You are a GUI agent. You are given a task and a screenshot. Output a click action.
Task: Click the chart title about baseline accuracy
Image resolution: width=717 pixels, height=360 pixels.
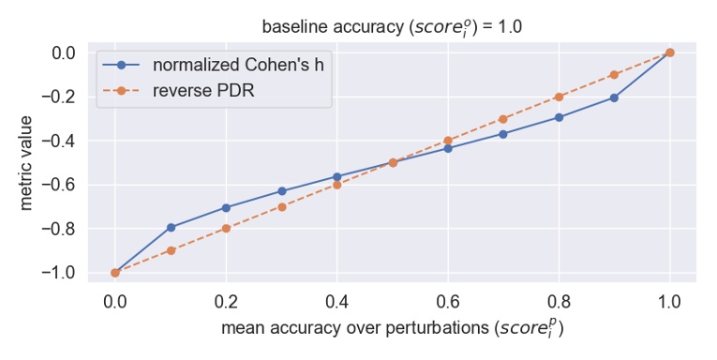click(x=392, y=26)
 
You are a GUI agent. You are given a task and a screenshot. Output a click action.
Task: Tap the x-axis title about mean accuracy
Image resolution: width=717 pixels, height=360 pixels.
click(x=392, y=330)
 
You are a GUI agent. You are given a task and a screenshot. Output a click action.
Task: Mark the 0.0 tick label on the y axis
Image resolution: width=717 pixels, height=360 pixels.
click(x=63, y=52)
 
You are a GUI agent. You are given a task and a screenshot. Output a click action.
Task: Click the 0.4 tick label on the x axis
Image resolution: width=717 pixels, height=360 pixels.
click(x=336, y=302)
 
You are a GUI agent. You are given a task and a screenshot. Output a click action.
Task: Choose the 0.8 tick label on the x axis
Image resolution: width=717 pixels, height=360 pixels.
click(x=559, y=302)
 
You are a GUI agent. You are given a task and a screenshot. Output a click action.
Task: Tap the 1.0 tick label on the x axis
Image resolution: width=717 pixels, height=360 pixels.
click(x=669, y=302)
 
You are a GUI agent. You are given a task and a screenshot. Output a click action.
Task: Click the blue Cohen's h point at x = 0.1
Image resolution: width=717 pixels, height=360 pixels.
click(x=171, y=227)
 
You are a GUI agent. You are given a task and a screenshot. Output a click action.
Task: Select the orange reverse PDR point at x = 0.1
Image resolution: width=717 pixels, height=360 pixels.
click(x=171, y=250)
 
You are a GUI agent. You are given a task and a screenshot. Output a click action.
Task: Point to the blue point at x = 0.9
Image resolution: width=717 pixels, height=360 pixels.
click(x=614, y=97)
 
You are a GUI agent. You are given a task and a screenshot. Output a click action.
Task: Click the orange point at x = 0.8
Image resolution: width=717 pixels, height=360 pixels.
click(x=559, y=97)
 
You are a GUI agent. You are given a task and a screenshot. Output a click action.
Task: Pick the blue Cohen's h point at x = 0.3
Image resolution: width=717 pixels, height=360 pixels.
click(x=281, y=191)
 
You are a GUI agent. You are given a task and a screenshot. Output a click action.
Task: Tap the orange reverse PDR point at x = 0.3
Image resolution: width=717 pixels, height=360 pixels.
click(x=281, y=206)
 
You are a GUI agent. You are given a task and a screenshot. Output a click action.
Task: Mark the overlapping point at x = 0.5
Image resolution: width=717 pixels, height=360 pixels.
click(x=393, y=162)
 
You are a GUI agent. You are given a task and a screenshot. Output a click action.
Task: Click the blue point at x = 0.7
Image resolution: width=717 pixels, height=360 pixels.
click(x=503, y=134)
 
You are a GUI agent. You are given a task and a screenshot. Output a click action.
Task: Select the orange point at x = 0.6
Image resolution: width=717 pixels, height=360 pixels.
click(x=448, y=141)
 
